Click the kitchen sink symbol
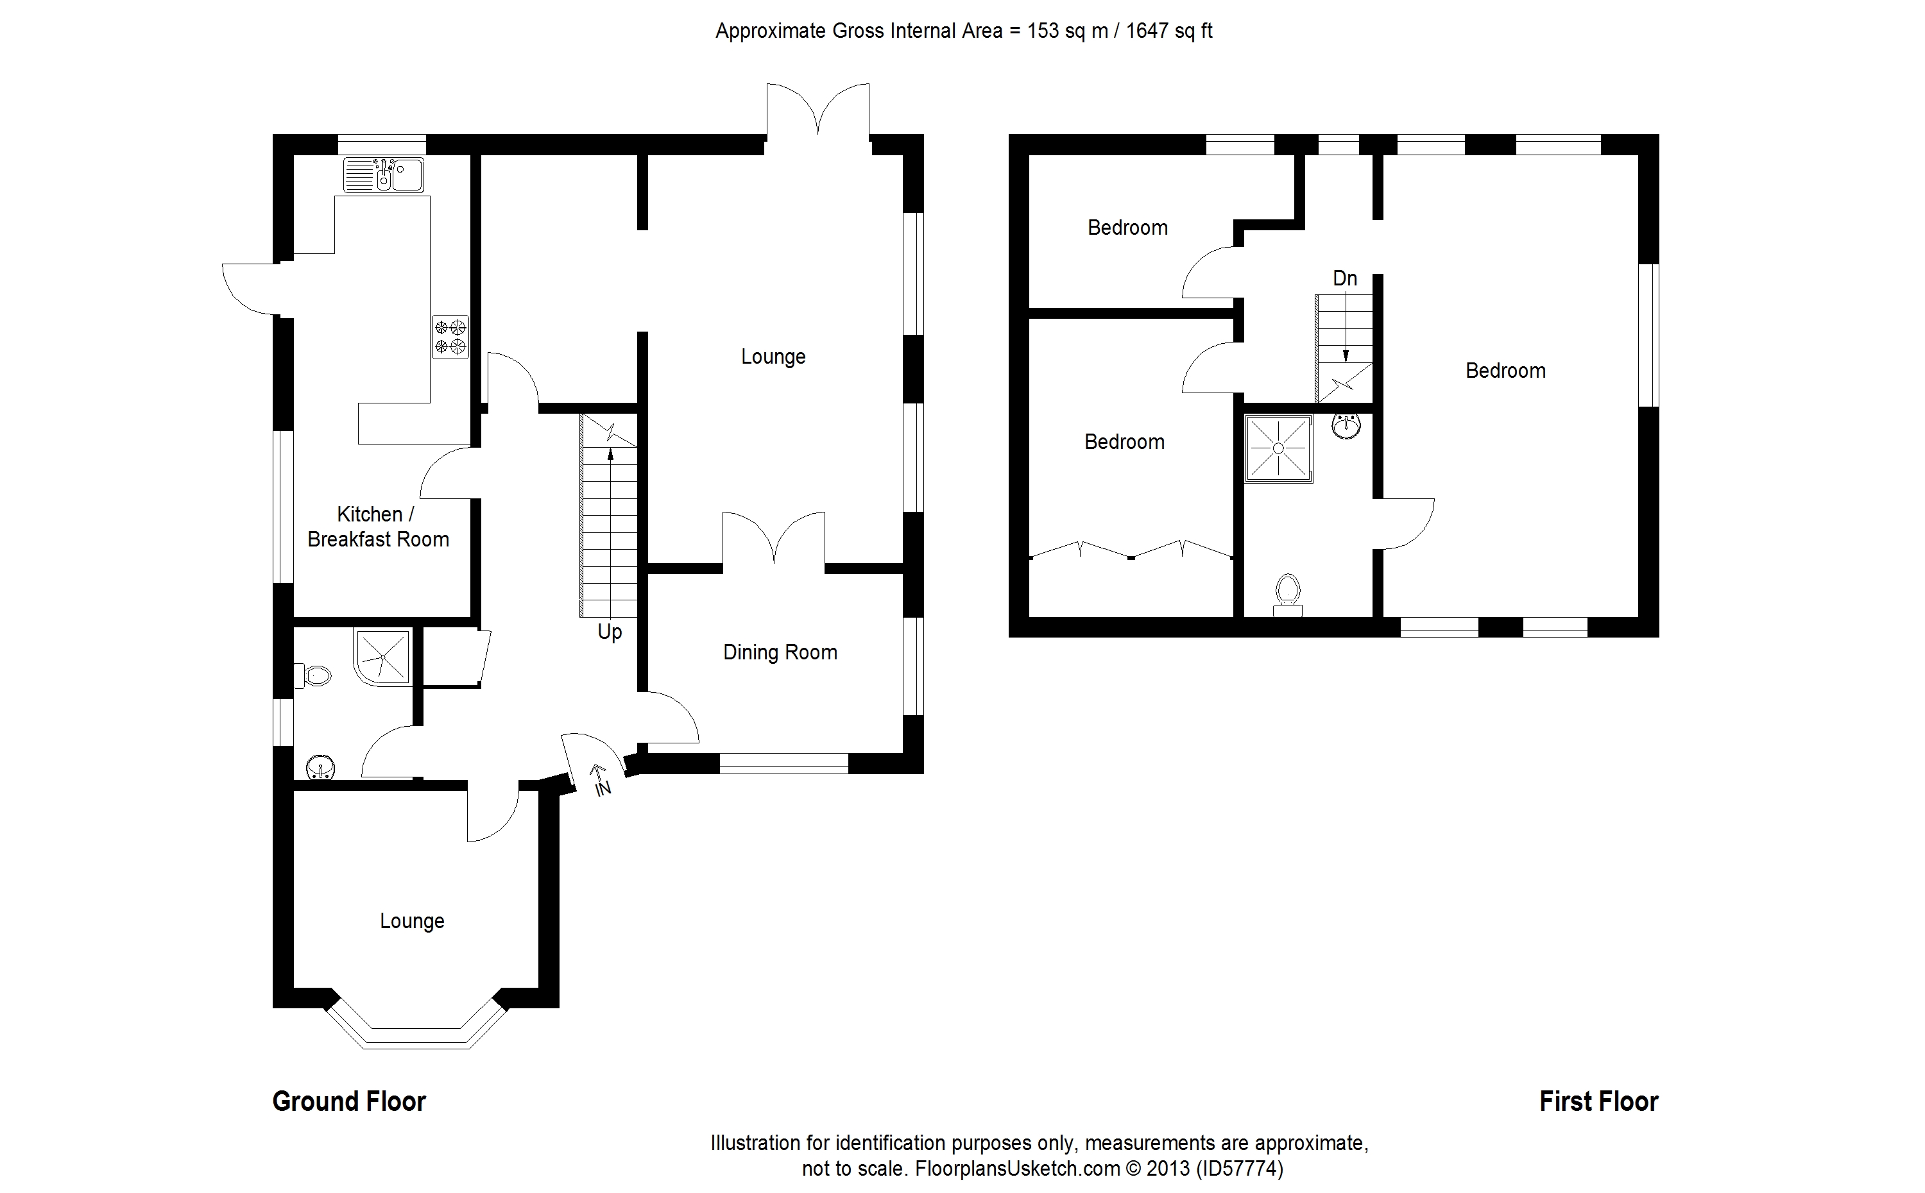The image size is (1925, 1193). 384,174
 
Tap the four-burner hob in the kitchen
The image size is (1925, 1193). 450,337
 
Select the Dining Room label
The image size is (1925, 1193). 780,652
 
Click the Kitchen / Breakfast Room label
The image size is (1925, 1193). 378,527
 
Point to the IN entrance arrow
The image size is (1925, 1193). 601,779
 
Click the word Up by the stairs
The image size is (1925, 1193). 610,632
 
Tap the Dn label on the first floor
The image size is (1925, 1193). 1345,278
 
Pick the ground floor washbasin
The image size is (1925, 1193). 320,765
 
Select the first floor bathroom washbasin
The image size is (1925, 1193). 1346,426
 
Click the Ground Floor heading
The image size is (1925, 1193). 349,1101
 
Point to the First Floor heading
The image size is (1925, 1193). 1598,1101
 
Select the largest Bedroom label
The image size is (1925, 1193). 1505,371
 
